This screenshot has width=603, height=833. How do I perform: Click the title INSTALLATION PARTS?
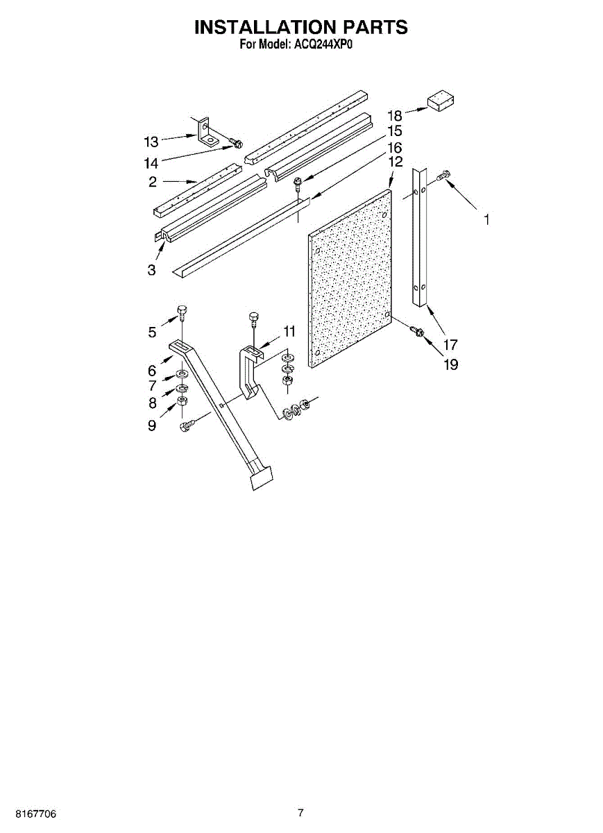pyautogui.click(x=300, y=27)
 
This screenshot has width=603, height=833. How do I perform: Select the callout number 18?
pyautogui.click(x=395, y=116)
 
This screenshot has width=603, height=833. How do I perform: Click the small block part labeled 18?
pyautogui.click(x=439, y=101)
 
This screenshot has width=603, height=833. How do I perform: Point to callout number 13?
pyautogui.click(x=151, y=142)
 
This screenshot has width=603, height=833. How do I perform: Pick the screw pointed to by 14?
pyautogui.click(x=237, y=144)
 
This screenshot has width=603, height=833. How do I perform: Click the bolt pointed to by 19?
pyautogui.click(x=418, y=333)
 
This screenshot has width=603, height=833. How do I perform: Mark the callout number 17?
pyautogui.click(x=450, y=344)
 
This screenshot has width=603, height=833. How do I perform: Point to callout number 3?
pyautogui.click(x=151, y=270)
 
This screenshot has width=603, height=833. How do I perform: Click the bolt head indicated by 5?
pyautogui.click(x=182, y=310)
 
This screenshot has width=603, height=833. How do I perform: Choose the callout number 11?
pyautogui.click(x=289, y=331)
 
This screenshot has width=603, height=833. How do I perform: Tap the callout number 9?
pyautogui.click(x=151, y=426)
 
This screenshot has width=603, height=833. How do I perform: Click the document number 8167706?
pyautogui.click(x=28, y=813)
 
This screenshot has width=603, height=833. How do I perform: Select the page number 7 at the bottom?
pyautogui.click(x=300, y=813)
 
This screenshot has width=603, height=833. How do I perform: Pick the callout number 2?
pyautogui.click(x=151, y=183)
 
